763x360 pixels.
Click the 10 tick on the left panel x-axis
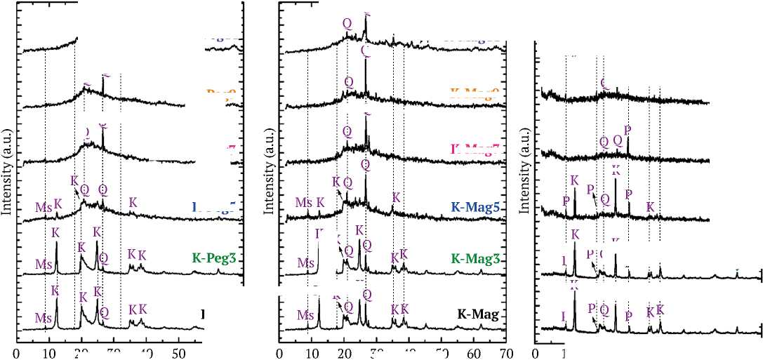tap(48, 352)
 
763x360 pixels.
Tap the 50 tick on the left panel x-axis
tap(178, 352)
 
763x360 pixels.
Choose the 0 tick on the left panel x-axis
tap(16, 352)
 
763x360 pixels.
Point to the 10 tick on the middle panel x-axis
tap(312, 352)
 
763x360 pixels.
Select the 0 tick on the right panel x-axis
tap(536, 352)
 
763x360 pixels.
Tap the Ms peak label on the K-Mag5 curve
tap(303, 203)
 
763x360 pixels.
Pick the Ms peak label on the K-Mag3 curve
tap(305, 263)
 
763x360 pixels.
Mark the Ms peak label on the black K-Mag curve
tap(305, 316)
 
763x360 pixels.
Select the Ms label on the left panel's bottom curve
tap(44, 318)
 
